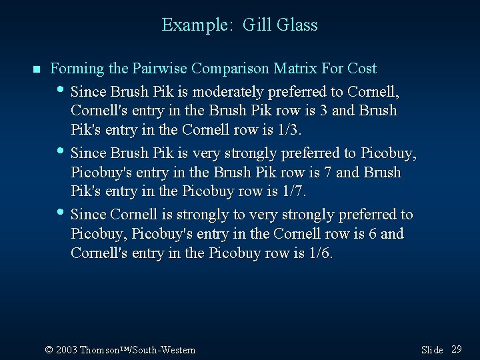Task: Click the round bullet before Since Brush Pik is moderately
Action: [61, 89]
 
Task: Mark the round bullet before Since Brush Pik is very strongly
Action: [61, 151]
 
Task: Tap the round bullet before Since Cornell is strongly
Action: [61, 213]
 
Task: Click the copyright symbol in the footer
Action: [49, 350]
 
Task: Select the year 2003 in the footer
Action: [67, 350]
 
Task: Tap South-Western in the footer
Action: [166, 350]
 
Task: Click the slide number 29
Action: [457, 349]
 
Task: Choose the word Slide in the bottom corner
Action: [432, 350]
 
